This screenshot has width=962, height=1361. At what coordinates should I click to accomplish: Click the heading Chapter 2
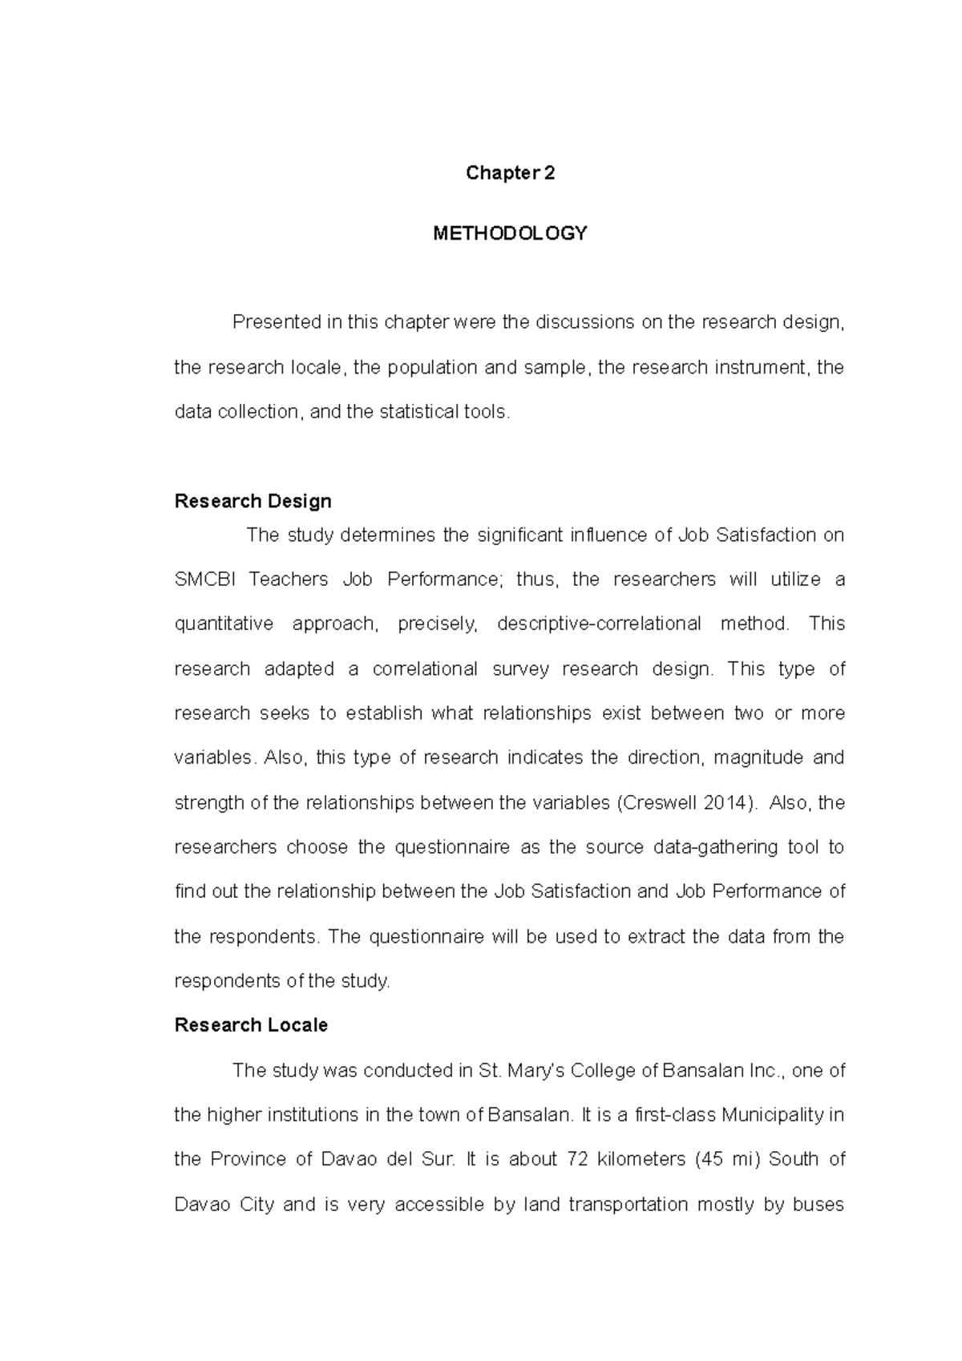(510, 173)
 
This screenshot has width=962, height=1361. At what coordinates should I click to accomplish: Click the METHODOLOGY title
(510, 233)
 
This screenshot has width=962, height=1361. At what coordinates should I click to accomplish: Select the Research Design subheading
(253, 501)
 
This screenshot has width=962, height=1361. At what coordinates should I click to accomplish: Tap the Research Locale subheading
(251, 1025)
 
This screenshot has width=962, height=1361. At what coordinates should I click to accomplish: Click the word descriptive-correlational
(599, 624)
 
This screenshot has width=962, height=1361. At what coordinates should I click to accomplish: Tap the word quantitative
(224, 624)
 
